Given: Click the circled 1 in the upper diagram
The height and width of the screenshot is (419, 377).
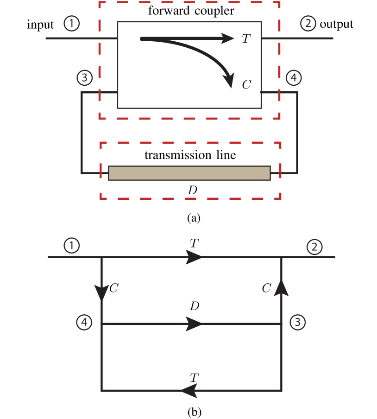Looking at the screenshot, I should [71, 23].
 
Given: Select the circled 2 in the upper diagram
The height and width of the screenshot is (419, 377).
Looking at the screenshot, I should [308, 23].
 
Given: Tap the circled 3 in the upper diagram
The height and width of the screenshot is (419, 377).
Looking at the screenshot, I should [84, 78].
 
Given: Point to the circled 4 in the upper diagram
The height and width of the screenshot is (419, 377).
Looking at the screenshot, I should [293, 78].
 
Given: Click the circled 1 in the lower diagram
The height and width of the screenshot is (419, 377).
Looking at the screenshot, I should [71, 245].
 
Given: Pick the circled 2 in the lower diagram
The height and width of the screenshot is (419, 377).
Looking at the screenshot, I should [314, 247].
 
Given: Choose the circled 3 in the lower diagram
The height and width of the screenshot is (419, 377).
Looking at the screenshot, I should [297, 322].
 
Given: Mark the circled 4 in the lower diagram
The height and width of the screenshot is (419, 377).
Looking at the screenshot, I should [84, 322].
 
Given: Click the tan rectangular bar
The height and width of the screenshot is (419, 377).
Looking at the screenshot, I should [189, 173].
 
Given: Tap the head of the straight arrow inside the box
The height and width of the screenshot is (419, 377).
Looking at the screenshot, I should [228, 38].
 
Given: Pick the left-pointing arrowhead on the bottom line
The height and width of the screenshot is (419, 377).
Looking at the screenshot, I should [189, 391].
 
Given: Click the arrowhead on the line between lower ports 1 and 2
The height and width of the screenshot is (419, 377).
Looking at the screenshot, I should [194, 257].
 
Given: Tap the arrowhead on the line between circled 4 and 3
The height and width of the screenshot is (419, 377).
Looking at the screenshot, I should [194, 324].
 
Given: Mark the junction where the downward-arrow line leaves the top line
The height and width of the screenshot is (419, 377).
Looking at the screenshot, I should [101, 257].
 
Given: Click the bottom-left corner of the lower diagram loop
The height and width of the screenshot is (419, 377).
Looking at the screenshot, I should [101, 391].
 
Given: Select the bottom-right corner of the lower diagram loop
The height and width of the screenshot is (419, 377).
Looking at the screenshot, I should [281, 391].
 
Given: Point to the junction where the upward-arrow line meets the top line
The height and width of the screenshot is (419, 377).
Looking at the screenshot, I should [281, 257].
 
